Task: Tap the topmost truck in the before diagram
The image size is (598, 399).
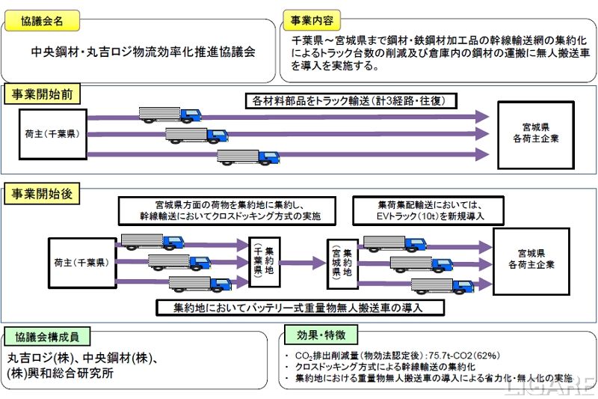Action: pyautogui.click(x=170, y=115)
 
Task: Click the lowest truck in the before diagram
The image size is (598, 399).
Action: pyautogui.click(x=247, y=156)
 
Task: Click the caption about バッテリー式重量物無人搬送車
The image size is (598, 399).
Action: pyautogui.click(x=300, y=308)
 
